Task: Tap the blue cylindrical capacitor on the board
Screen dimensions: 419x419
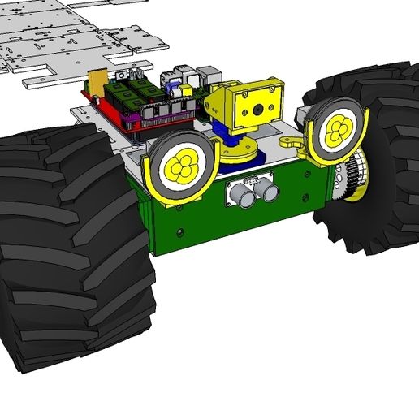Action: pyautogui.click(x=171, y=82)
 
